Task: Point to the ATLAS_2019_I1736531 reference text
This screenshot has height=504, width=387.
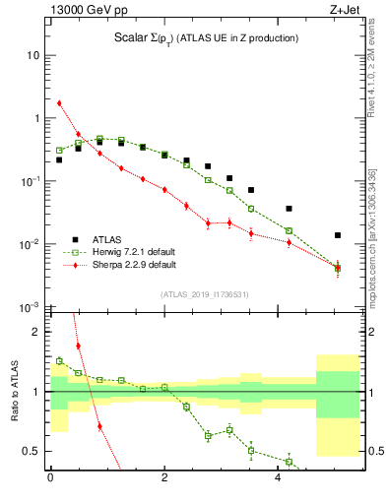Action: click(x=204, y=294)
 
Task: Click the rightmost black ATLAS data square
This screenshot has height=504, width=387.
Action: click(x=338, y=235)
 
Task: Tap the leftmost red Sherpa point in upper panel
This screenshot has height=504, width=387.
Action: click(x=59, y=102)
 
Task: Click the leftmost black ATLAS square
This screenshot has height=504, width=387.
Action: click(x=59, y=159)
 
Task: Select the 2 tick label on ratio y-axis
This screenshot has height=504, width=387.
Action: click(x=37, y=332)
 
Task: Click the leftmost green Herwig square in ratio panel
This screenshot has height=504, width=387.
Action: click(x=59, y=361)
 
